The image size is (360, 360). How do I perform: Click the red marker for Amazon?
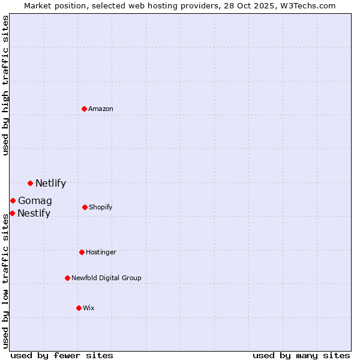[x=85, y=109]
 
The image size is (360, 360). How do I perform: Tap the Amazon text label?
[x=101, y=109]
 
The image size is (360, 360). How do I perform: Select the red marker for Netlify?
[x=30, y=183]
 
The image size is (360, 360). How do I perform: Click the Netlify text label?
[x=50, y=184]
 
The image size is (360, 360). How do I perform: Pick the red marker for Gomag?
[x=13, y=200]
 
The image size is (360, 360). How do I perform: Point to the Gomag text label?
[x=35, y=201]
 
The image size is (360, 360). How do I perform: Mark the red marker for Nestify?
[x=12, y=213]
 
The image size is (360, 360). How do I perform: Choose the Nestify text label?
[x=34, y=214]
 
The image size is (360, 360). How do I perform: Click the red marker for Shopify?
[x=85, y=207]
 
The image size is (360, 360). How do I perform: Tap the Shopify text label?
[x=101, y=207]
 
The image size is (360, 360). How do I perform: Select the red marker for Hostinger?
[x=82, y=252]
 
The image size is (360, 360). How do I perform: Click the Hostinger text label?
[x=101, y=252]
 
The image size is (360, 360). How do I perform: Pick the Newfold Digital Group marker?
[x=67, y=278]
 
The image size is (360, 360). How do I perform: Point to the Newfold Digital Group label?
[x=106, y=278]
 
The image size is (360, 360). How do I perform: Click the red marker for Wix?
[x=79, y=308]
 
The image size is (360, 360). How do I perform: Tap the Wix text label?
[x=89, y=308]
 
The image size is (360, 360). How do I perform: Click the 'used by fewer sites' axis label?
[x=62, y=355]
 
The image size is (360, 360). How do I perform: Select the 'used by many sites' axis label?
[x=301, y=355]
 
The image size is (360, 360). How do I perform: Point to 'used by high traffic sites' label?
[x=5, y=85]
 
